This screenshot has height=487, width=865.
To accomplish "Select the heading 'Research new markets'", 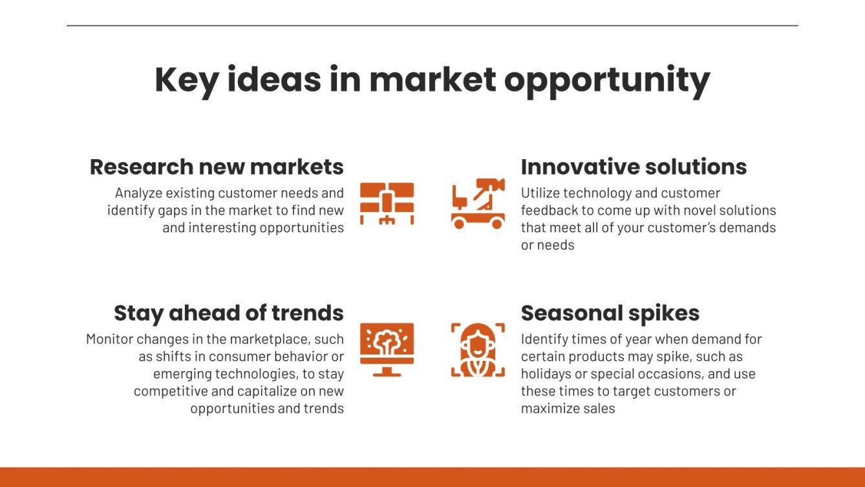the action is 217,167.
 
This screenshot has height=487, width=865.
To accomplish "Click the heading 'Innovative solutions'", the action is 634,167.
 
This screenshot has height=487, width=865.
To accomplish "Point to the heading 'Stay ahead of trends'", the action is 229,313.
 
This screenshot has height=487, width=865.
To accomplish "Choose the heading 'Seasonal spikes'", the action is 610,313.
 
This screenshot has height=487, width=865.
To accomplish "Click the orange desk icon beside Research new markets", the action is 387,204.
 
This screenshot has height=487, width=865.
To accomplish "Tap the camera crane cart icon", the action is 478,204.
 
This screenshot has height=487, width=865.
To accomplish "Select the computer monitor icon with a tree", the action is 387,349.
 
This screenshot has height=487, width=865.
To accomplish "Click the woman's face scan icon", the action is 478,349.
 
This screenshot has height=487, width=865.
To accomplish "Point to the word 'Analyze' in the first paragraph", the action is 138,193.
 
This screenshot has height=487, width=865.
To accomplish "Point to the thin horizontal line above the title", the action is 432,25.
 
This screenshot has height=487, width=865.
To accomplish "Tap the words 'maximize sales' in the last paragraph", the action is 568,409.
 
